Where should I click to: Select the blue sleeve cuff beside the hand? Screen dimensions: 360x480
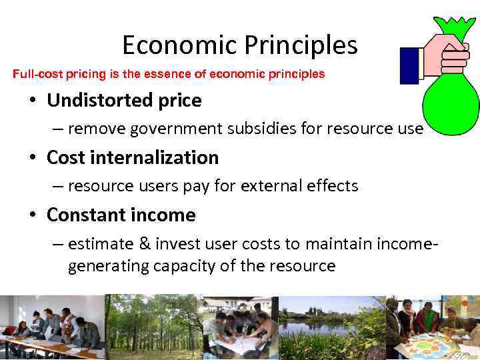[408, 65]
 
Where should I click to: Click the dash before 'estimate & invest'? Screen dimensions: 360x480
[58, 243]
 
